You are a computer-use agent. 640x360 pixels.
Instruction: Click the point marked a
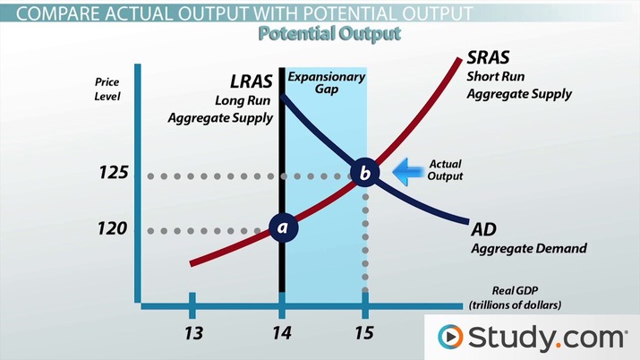(x=283, y=228)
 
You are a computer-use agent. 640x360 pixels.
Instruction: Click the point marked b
(x=365, y=172)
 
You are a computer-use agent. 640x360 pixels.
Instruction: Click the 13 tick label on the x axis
(x=192, y=333)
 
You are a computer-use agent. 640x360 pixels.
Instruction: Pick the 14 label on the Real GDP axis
(x=282, y=333)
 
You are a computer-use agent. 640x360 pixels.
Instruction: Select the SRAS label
(x=491, y=58)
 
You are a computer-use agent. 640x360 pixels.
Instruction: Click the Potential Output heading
(x=329, y=34)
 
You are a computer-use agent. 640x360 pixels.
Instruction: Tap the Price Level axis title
(x=107, y=89)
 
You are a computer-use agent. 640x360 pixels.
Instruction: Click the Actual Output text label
(x=446, y=170)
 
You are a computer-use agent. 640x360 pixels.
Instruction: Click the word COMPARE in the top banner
(x=50, y=13)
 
